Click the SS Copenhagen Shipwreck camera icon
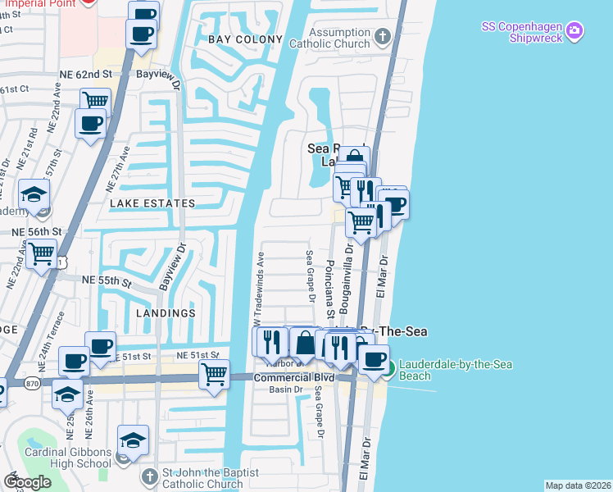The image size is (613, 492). tap(574, 31)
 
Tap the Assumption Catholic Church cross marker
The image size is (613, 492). tap(382, 36)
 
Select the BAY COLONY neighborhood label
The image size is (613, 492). tap(245, 39)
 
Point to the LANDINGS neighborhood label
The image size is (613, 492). tap(166, 313)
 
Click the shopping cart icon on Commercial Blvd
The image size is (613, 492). tap(214, 373)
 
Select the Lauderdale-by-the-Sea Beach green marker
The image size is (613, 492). tap(390, 369)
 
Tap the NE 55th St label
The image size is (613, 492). tap(107, 280)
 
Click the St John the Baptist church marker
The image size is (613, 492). tap(150, 476)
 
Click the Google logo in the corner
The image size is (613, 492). tap(27, 482)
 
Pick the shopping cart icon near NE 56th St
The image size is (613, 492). tap(41, 253)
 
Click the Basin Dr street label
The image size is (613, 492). tap(287, 389)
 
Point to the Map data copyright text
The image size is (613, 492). tap(578, 485)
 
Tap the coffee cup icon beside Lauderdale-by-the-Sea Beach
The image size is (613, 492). tap(375, 358)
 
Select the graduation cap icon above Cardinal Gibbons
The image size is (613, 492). tap(133, 440)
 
